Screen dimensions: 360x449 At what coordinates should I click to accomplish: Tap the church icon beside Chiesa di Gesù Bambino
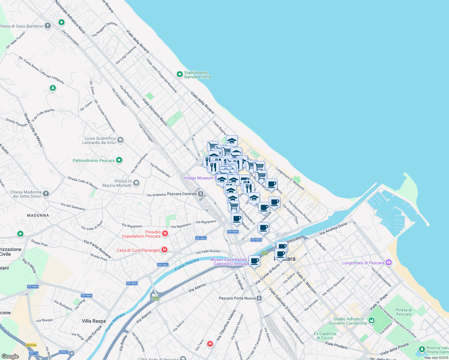[x=48, y=26]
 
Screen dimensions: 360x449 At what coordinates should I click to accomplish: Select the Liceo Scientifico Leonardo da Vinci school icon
[x=120, y=140]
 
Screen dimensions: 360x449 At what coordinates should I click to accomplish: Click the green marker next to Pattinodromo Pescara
[x=119, y=160]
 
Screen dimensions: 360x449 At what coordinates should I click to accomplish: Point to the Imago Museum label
[x=199, y=178]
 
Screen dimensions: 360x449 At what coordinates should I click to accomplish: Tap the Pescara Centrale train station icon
[x=201, y=194]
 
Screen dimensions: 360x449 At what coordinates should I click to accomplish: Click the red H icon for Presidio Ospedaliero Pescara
[x=165, y=233]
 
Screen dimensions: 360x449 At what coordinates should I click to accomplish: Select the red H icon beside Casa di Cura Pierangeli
[x=164, y=250]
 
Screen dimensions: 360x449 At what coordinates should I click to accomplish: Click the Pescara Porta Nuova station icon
[x=259, y=298]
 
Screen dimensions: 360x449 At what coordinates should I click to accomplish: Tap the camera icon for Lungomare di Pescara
[x=389, y=263]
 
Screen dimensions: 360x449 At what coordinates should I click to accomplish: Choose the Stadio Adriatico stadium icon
[x=372, y=321]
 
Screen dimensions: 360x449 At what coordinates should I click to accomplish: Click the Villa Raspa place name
[x=94, y=321]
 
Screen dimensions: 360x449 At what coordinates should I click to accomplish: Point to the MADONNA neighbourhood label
[x=38, y=215]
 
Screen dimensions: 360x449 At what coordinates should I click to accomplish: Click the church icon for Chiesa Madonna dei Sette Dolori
[x=46, y=194]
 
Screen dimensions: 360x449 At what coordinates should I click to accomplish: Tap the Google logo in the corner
[x=10, y=356]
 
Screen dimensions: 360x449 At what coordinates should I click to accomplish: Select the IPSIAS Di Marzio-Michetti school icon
[x=136, y=183]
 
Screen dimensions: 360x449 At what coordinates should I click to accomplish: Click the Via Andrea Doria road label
[x=333, y=229]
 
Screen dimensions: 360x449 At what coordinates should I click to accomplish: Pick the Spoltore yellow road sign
[x=31, y=345]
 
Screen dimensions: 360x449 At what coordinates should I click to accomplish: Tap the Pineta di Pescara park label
[x=404, y=312]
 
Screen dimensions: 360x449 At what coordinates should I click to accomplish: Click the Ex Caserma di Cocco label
[x=325, y=336]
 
